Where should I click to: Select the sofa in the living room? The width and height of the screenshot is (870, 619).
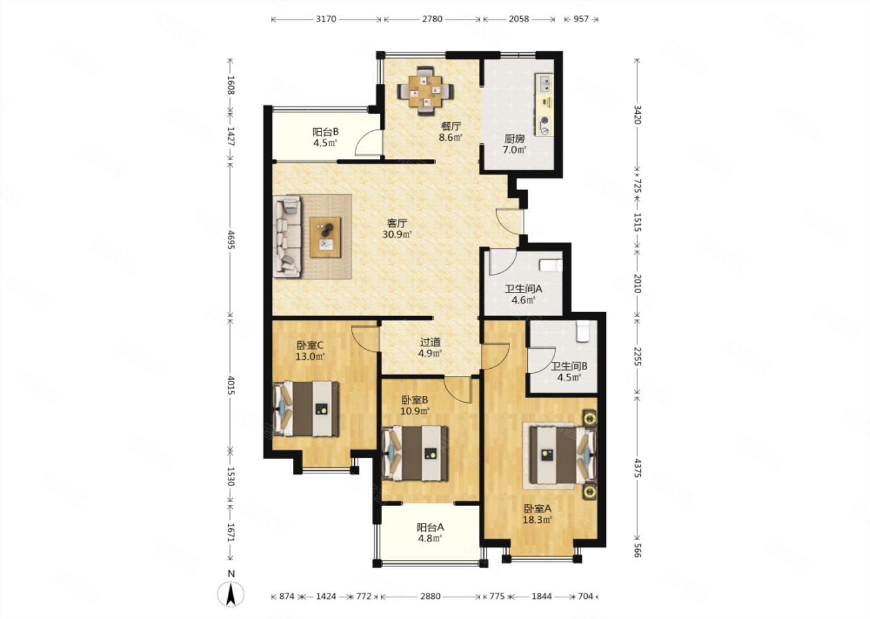tap(288, 236)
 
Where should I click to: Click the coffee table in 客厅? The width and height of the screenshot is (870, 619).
tap(326, 237)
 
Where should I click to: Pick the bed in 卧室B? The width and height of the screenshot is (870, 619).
tap(415, 453)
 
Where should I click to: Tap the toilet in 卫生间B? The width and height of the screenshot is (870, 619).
tap(582, 331)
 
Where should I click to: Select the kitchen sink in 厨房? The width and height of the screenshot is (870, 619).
tap(546, 84)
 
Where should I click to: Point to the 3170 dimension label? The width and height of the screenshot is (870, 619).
tap(326, 19)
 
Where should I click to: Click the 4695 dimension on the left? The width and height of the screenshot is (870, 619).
tap(231, 240)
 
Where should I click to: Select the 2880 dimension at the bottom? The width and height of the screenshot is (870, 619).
tap(430, 596)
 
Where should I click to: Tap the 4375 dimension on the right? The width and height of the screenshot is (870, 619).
tap(637, 468)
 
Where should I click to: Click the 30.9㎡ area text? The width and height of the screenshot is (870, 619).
tap(397, 235)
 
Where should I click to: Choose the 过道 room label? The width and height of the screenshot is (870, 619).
tap(430, 342)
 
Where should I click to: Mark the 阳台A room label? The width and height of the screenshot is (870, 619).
tap(430, 527)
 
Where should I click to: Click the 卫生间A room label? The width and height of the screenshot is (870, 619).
tap(524, 289)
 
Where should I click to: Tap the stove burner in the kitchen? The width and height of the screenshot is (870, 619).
tap(546, 121)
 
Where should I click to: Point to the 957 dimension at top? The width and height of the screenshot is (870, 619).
tap(581, 19)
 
